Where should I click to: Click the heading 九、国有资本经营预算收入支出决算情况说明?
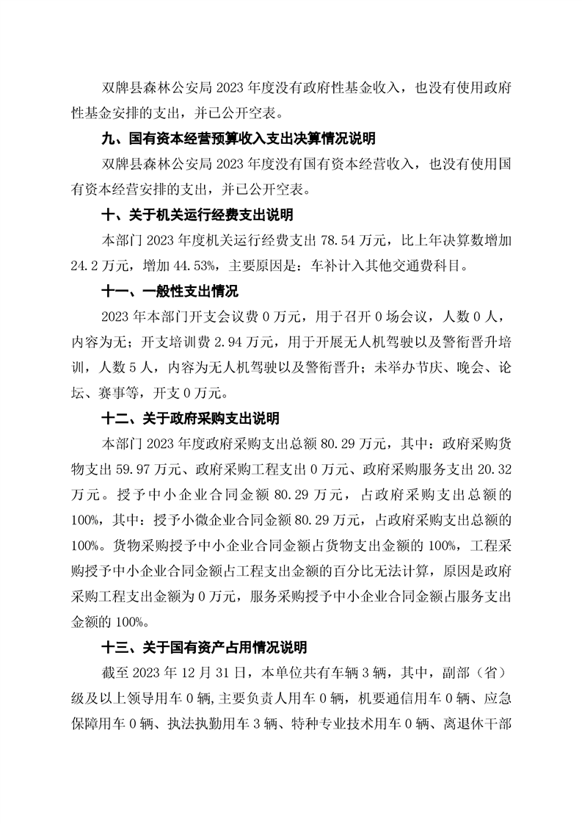[239, 139]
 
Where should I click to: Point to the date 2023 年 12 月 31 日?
[185, 673]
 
